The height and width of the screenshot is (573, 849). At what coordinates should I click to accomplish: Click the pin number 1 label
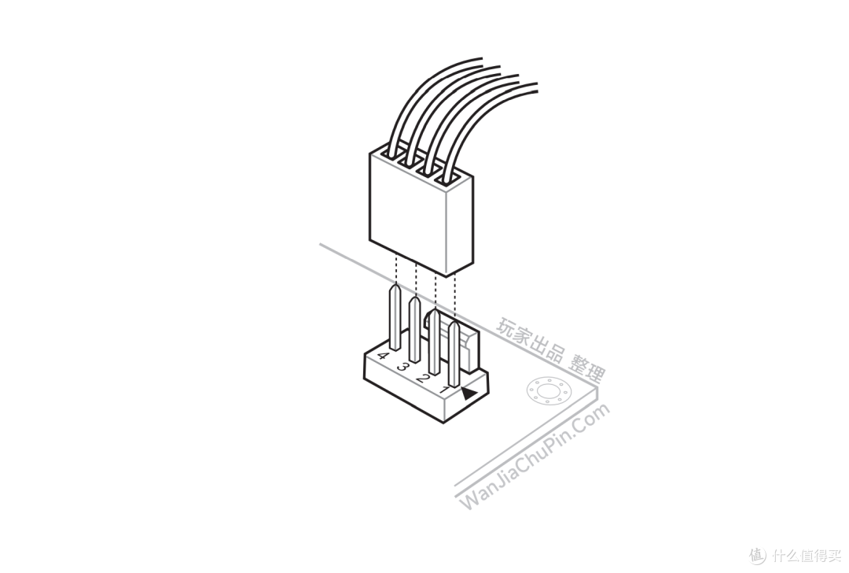pos(444,390)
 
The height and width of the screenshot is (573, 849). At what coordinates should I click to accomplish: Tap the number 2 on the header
pos(423,378)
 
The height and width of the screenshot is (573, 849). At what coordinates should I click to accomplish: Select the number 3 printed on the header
pos(403,367)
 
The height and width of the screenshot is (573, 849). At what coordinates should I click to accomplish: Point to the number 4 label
pos(383,357)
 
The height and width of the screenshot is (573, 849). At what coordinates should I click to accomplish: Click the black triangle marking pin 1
pos(468,394)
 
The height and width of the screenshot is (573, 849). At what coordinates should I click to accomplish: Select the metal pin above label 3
pos(415,329)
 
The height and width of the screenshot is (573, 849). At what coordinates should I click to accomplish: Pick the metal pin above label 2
pos(435,342)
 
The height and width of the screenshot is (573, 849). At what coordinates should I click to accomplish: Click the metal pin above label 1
pos(454,353)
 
